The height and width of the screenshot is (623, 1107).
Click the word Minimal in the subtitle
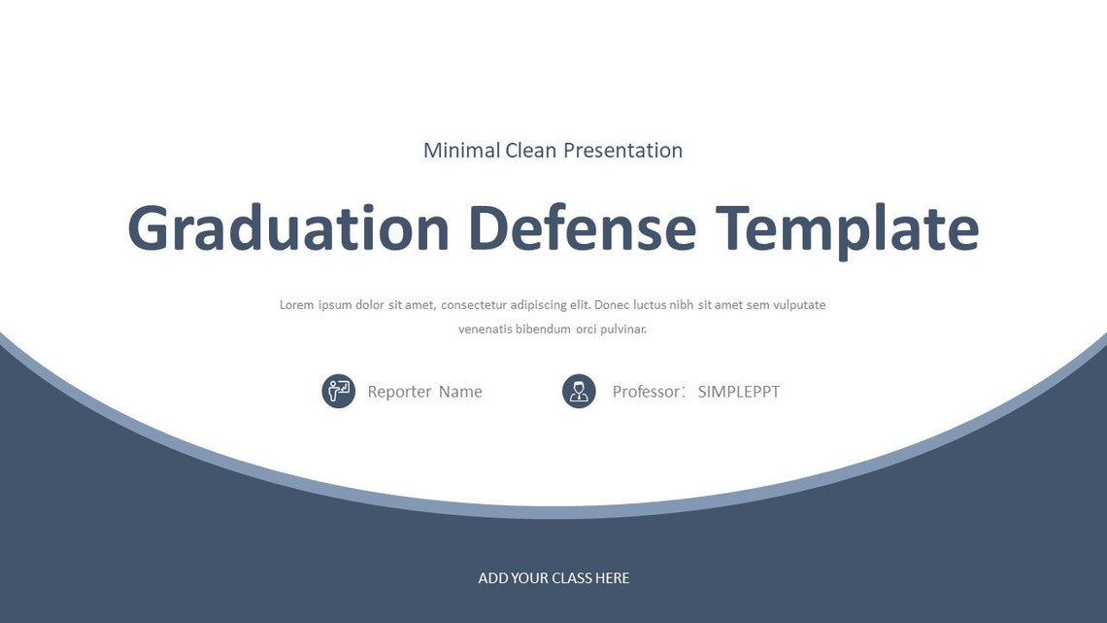pyautogui.click(x=461, y=151)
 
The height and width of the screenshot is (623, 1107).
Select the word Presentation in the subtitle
pyautogui.click(x=622, y=151)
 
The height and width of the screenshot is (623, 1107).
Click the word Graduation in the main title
pyautogui.click(x=288, y=229)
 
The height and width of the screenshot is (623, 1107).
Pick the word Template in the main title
pyautogui.click(x=847, y=229)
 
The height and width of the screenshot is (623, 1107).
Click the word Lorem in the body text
pyautogui.click(x=296, y=305)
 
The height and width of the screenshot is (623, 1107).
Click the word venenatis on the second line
pyautogui.click(x=486, y=329)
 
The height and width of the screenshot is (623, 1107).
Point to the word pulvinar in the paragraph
pyautogui.click(x=624, y=329)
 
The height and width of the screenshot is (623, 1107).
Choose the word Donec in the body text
pyautogui.click(x=611, y=305)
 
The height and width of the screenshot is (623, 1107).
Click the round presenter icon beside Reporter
pyautogui.click(x=338, y=392)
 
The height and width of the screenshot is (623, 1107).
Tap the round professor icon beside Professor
pyautogui.click(x=579, y=392)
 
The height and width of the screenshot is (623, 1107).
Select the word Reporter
pyautogui.click(x=399, y=392)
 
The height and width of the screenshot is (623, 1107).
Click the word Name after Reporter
pyautogui.click(x=460, y=392)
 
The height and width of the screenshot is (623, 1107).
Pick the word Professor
pyautogui.click(x=647, y=392)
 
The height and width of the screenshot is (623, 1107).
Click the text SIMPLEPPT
pyautogui.click(x=739, y=392)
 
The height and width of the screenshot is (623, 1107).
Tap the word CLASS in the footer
pyautogui.click(x=572, y=578)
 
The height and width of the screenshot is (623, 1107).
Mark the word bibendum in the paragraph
pyautogui.click(x=543, y=329)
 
